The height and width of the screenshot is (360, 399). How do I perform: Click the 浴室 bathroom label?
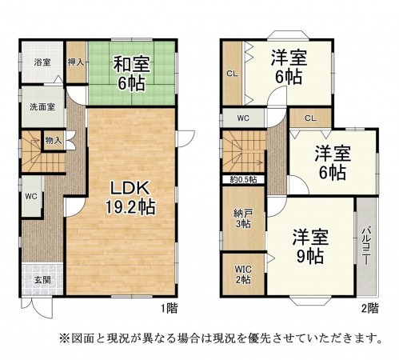pyautogui.click(x=42, y=62)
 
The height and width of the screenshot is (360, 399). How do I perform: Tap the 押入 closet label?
pyautogui.click(x=76, y=62)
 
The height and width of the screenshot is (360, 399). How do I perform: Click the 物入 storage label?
pyautogui.click(x=54, y=141)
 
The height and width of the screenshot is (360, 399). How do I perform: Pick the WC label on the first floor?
pyautogui.click(x=30, y=196)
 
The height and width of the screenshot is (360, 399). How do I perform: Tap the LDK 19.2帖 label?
pyautogui.click(x=126, y=197)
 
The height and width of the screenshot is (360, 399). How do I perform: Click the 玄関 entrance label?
pyautogui.click(x=42, y=279)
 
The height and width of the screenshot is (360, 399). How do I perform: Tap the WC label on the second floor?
pyautogui.click(x=242, y=119)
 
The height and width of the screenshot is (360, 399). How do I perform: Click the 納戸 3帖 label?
pyautogui.click(x=241, y=218)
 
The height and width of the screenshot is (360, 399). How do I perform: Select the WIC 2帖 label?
pyautogui.click(x=241, y=274)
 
